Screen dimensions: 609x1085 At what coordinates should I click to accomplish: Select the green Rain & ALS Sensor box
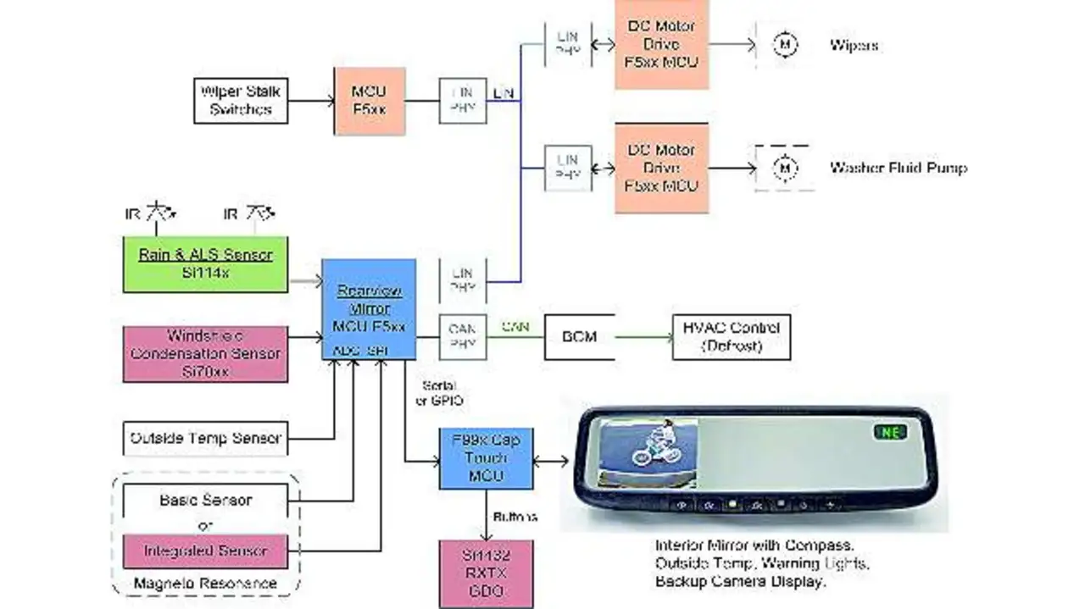(x=205, y=264)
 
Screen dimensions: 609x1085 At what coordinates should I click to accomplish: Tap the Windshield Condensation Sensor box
(x=205, y=353)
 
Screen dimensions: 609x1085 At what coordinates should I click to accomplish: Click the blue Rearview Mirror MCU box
(x=369, y=308)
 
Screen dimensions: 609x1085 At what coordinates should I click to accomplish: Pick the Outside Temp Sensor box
(x=205, y=439)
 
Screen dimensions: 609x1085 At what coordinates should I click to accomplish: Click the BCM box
(x=579, y=336)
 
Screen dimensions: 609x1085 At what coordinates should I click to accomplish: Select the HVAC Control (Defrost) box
(x=731, y=336)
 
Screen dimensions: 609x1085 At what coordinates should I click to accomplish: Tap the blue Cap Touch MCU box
(x=486, y=458)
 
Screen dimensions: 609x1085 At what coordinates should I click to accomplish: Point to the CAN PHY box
(x=463, y=337)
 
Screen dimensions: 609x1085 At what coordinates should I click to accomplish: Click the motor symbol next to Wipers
(x=786, y=44)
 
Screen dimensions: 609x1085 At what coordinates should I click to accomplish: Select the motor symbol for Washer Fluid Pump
(x=786, y=168)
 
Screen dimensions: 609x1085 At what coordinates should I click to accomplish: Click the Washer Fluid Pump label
(x=898, y=168)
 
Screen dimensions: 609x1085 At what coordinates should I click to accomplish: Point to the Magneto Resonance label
(x=207, y=583)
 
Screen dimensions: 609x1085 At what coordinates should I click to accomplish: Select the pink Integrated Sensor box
(x=205, y=551)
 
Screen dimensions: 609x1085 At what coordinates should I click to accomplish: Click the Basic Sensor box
(x=205, y=501)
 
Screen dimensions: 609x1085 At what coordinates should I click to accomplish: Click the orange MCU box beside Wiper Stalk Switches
(x=370, y=101)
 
